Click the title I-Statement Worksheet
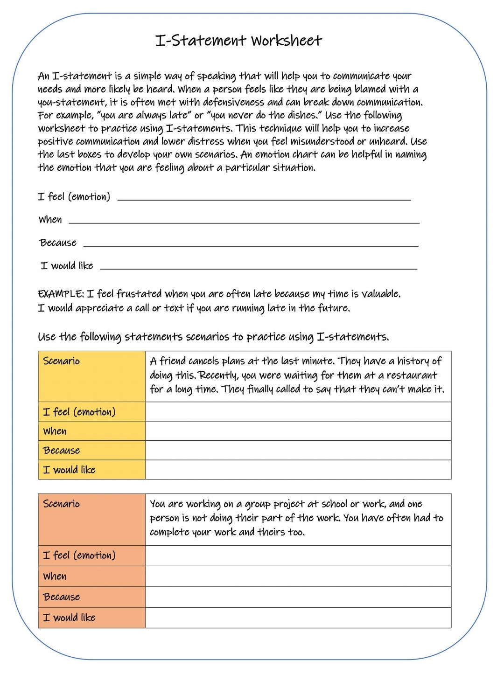(x=238, y=41)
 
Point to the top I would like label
(x=67, y=266)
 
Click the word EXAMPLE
(x=60, y=294)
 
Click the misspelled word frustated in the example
(x=139, y=294)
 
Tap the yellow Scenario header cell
(x=91, y=376)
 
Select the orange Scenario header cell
(x=91, y=519)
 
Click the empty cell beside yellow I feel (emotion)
(x=298, y=411)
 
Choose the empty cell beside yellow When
(x=298, y=431)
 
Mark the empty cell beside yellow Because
(x=298, y=450)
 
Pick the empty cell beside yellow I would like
(x=298, y=470)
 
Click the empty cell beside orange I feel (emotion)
(x=298, y=556)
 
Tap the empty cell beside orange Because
(x=298, y=597)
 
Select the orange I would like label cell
(x=91, y=618)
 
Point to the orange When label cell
(x=91, y=577)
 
